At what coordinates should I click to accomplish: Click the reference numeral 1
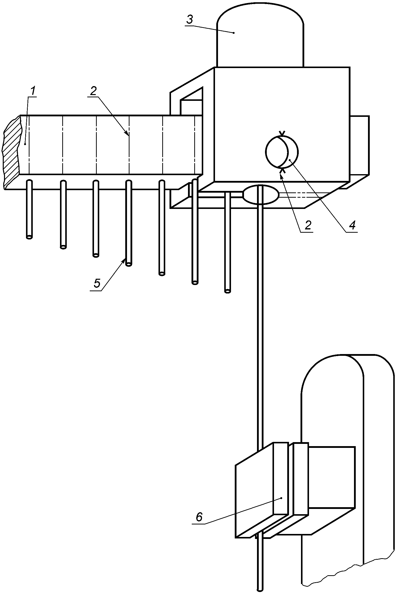[33, 91]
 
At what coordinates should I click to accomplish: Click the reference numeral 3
[190, 19]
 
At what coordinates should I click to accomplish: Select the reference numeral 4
[352, 225]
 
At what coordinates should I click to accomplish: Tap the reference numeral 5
[97, 283]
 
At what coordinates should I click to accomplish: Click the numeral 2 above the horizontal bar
[93, 91]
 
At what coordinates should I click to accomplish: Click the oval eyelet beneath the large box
[260, 195]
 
